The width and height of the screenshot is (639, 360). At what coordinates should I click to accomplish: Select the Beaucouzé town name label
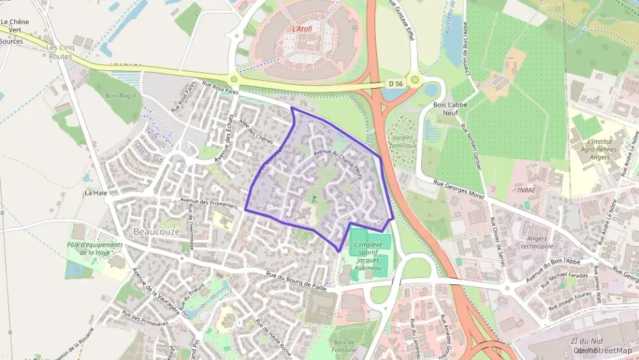point(157,232)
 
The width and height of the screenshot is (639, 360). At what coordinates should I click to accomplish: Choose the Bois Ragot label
point(122,96)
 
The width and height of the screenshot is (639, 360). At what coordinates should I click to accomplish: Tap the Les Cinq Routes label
point(61,52)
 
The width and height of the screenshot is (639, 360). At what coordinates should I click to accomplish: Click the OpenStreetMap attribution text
point(605,350)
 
